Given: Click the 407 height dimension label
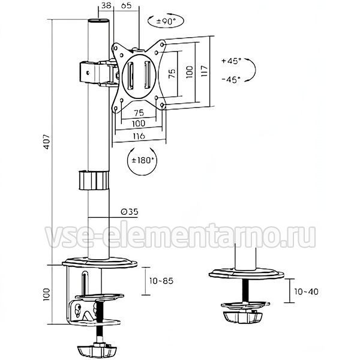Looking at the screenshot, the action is coord(47,142).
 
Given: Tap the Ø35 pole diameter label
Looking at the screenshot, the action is coord(130,211).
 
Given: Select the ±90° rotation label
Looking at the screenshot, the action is coord(166,22).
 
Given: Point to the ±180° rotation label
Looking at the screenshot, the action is coord(142,160).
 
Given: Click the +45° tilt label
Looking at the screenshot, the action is coord(231,61).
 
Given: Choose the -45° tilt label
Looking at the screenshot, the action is coord(231,80).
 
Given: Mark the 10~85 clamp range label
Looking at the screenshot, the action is coord(161,281).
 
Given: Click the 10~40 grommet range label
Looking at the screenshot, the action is coord(306,292).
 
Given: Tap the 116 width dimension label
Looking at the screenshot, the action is coord(139,136).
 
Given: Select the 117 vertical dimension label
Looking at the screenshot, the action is coord(204,71).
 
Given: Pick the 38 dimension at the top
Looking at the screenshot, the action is coord(106,5).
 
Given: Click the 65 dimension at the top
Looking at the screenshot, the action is coord(126,5).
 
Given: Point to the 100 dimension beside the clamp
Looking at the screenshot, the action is coord(46,295).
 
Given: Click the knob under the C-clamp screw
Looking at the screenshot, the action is coord(97,349).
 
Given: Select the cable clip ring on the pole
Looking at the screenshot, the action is coord(94,180).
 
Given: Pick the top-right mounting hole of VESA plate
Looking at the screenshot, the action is coord(163,44).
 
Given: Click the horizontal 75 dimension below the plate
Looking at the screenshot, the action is coord(139,113).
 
